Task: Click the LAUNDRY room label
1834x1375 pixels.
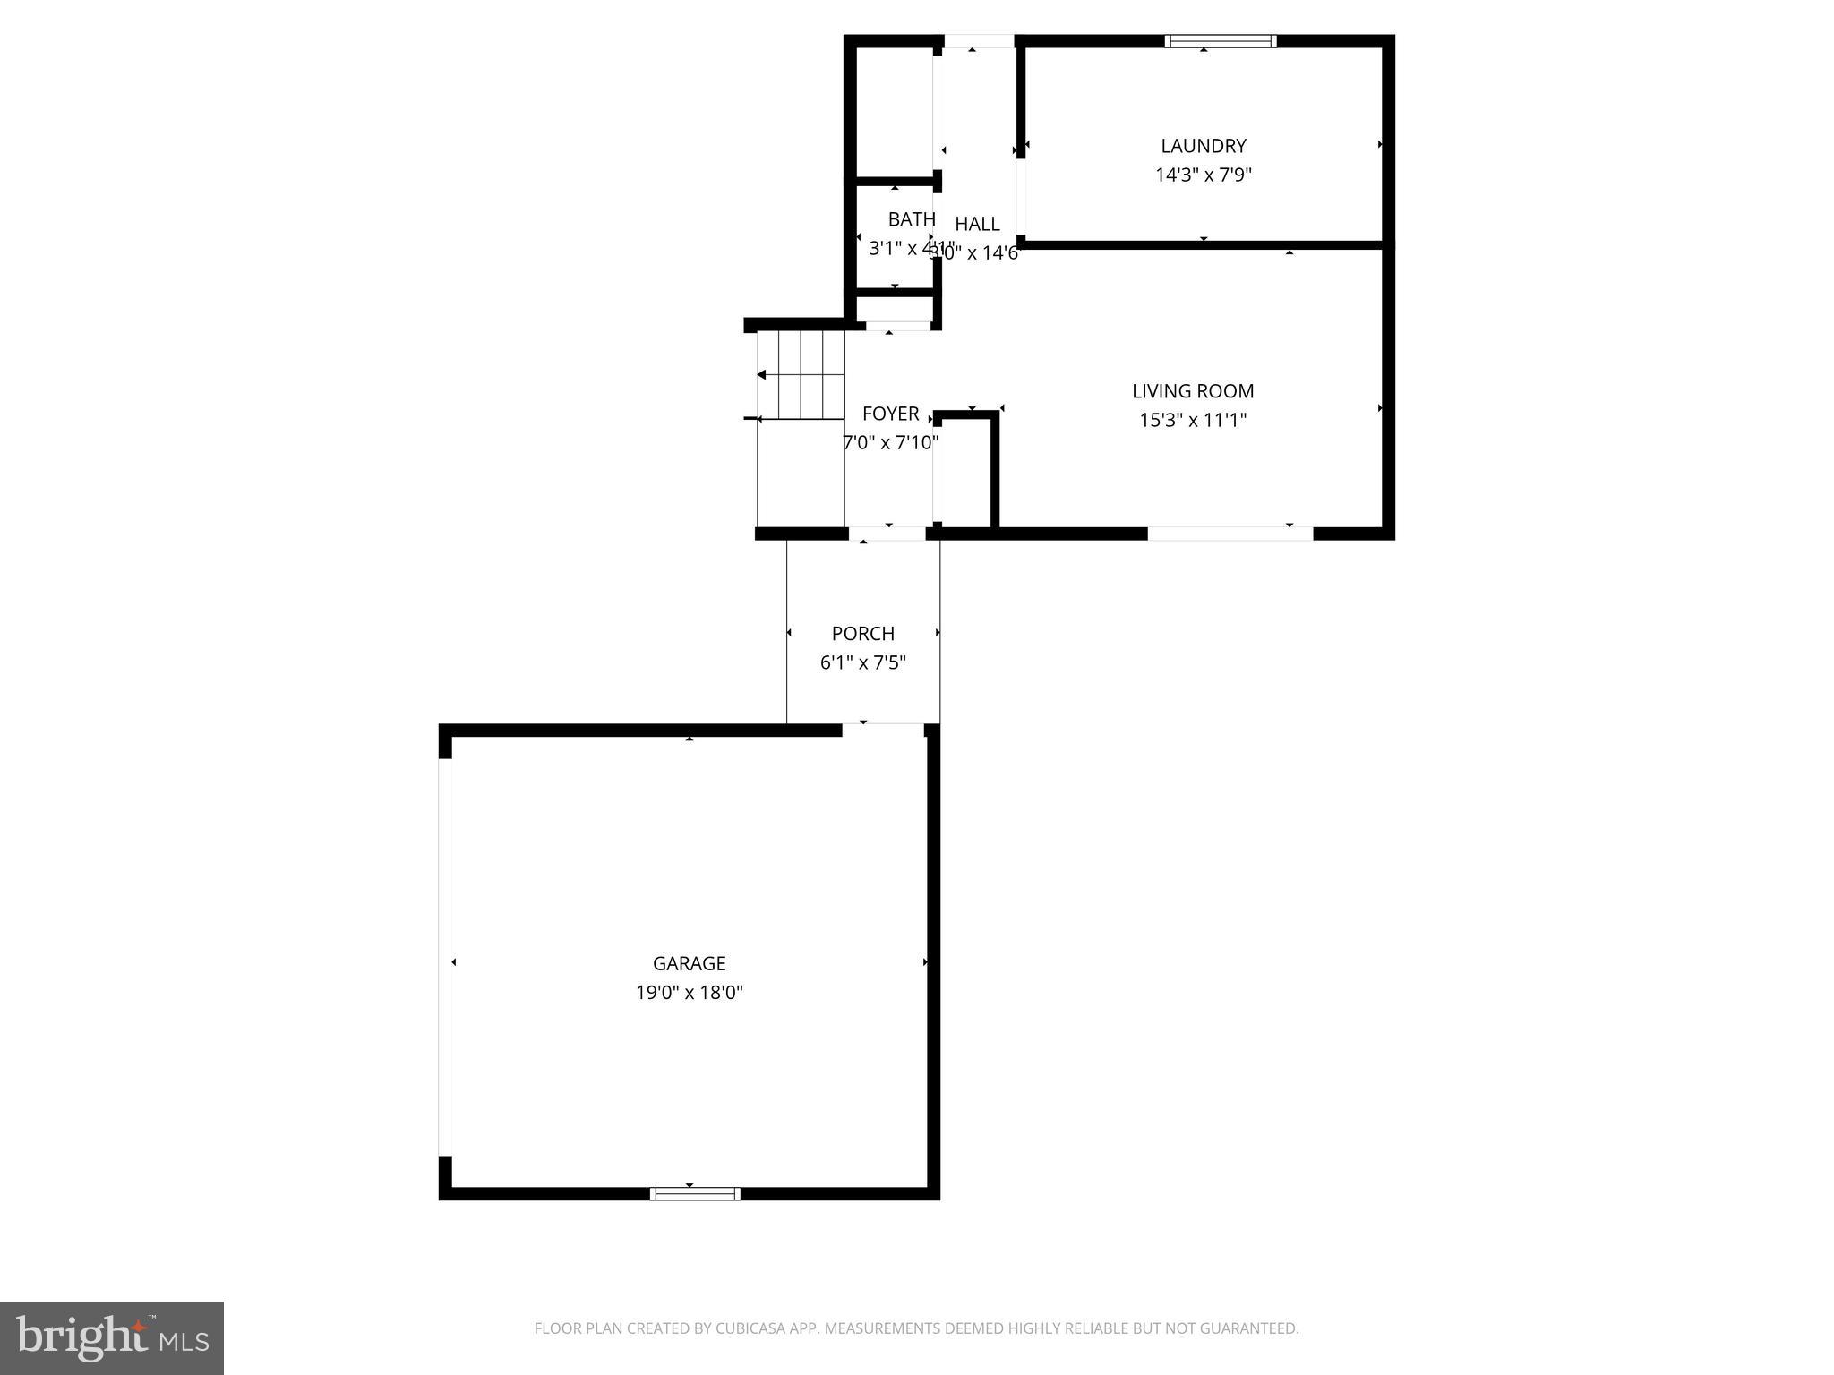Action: tap(1203, 146)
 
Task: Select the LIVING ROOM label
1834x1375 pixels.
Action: tap(1192, 391)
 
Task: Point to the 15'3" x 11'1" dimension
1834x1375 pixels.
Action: tap(1192, 420)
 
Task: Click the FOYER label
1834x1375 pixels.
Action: tap(890, 414)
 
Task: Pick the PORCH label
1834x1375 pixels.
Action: tap(862, 634)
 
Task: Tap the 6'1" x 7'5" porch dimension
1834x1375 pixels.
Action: tap(862, 663)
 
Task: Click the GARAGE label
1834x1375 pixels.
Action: tap(689, 963)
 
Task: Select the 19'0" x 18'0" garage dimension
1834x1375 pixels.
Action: tap(689, 993)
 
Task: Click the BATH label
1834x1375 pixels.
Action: tap(911, 219)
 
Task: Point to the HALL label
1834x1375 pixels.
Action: tap(977, 224)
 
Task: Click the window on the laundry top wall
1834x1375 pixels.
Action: tap(1220, 41)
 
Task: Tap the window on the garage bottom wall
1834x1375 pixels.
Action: tap(695, 1193)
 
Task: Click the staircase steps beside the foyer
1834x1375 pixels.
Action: tap(801, 374)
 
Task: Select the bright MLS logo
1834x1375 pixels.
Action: tap(112, 1337)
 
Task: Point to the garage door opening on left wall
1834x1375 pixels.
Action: tap(445, 957)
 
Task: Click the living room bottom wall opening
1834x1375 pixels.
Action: tap(1230, 534)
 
